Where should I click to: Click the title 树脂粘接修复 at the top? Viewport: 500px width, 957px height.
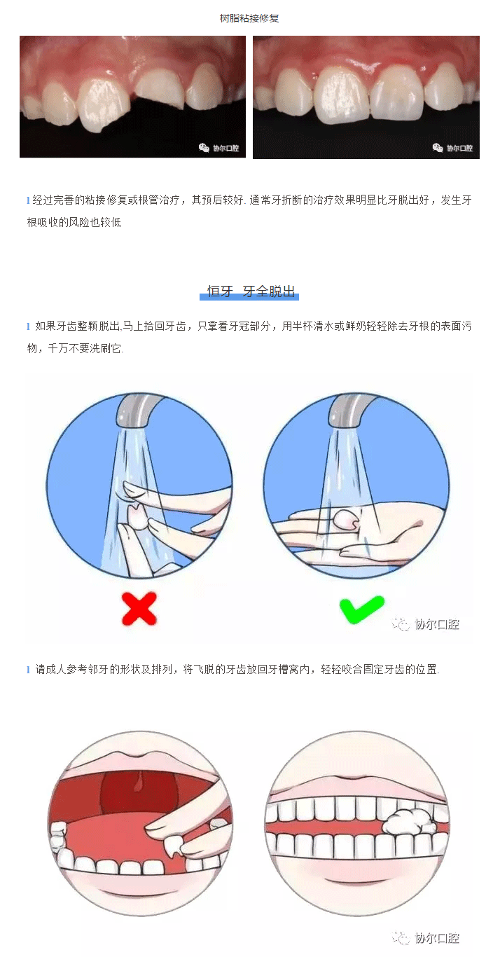249,18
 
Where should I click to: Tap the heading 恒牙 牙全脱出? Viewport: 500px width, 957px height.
251,291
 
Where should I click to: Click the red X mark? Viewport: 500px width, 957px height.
139,608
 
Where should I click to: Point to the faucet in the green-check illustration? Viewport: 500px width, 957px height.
351,410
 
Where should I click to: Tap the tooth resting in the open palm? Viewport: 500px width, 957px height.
346,520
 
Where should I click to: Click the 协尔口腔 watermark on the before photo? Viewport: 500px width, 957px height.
218,149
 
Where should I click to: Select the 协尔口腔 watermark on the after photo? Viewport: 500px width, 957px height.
452,149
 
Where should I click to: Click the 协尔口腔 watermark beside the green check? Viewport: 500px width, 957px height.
426,624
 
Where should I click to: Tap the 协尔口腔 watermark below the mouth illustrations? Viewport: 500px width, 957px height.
426,938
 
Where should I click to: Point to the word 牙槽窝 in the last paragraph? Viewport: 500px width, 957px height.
284,670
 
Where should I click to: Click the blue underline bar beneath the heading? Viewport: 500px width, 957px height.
249,297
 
